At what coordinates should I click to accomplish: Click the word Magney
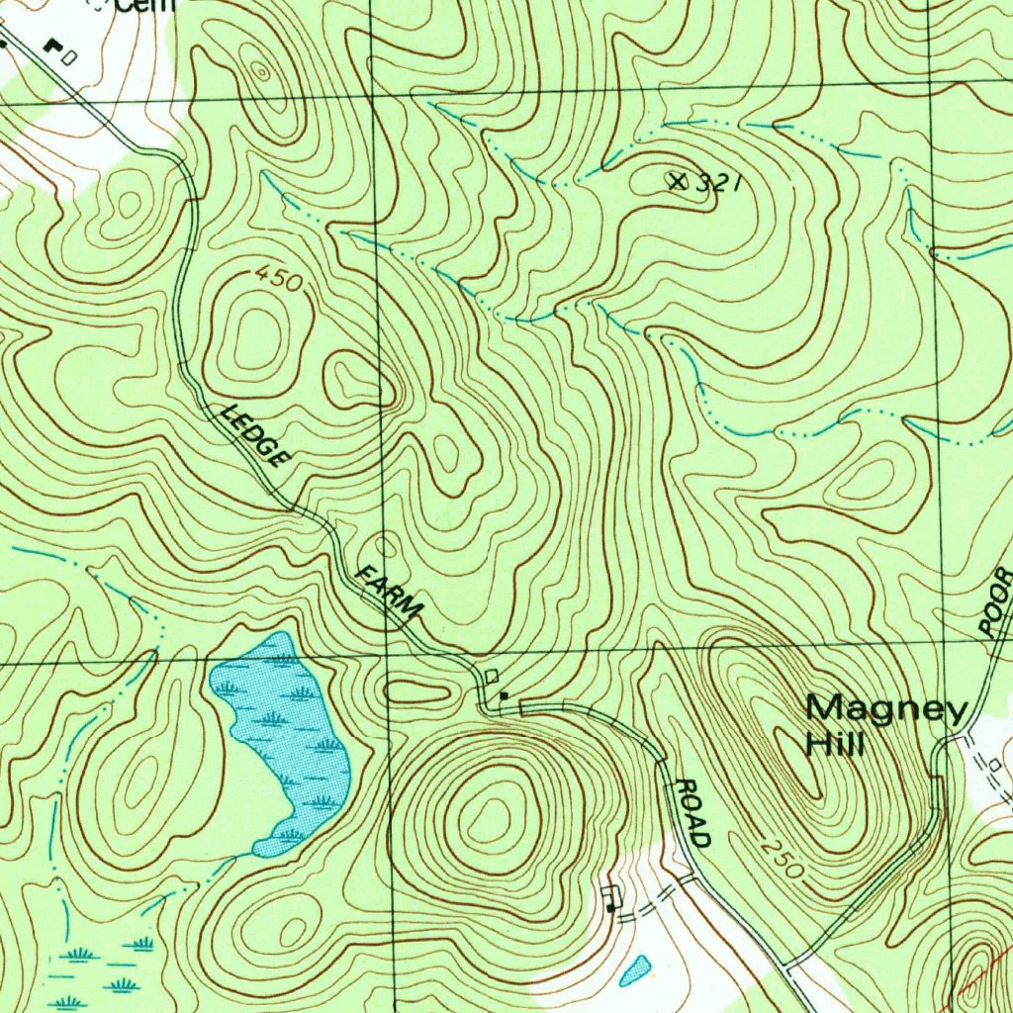[x=885, y=710]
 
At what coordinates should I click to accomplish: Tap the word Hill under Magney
[x=836, y=744]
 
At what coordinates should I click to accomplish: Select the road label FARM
[x=390, y=594]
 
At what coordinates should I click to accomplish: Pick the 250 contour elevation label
[x=782, y=857]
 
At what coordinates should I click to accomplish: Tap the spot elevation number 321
[x=718, y=183]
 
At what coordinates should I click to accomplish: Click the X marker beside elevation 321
[x=678, y=181]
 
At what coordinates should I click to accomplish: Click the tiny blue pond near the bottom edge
[x=634, y=970]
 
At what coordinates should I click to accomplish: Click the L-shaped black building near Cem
[x=52, y=46]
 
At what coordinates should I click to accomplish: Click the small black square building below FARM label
[x=504, y=696]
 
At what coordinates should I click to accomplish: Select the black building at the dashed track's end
[x=610, y=906]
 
